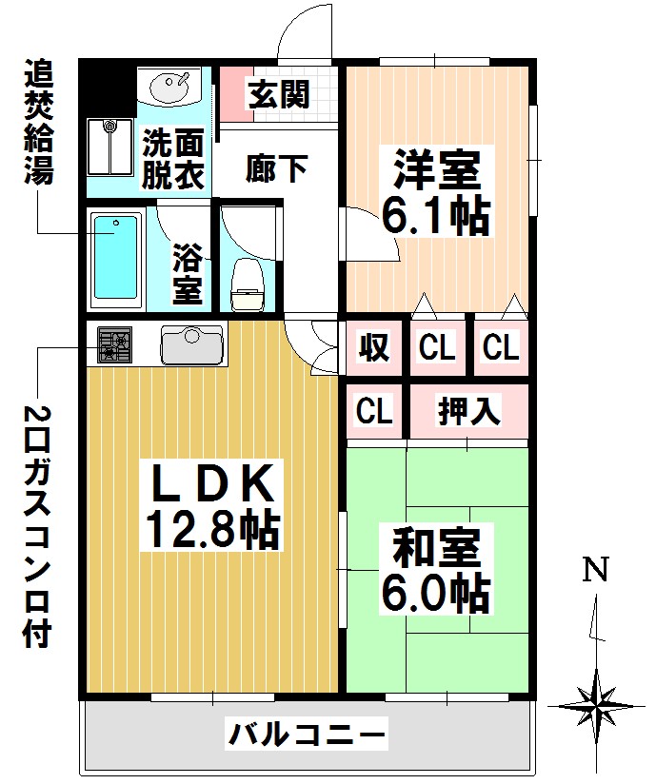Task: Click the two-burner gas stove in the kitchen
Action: point(114,343)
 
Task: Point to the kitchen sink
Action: point(192,343)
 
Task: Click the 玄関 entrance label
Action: point(278,94)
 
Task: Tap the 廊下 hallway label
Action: point(276,168)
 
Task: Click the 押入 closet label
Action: point(467,412)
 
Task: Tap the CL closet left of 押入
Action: point(374,412)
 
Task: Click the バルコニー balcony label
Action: point(307,735)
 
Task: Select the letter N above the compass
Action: point(596,570)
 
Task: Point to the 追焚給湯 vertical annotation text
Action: point(38,125)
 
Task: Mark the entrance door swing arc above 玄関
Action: point(307,30)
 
